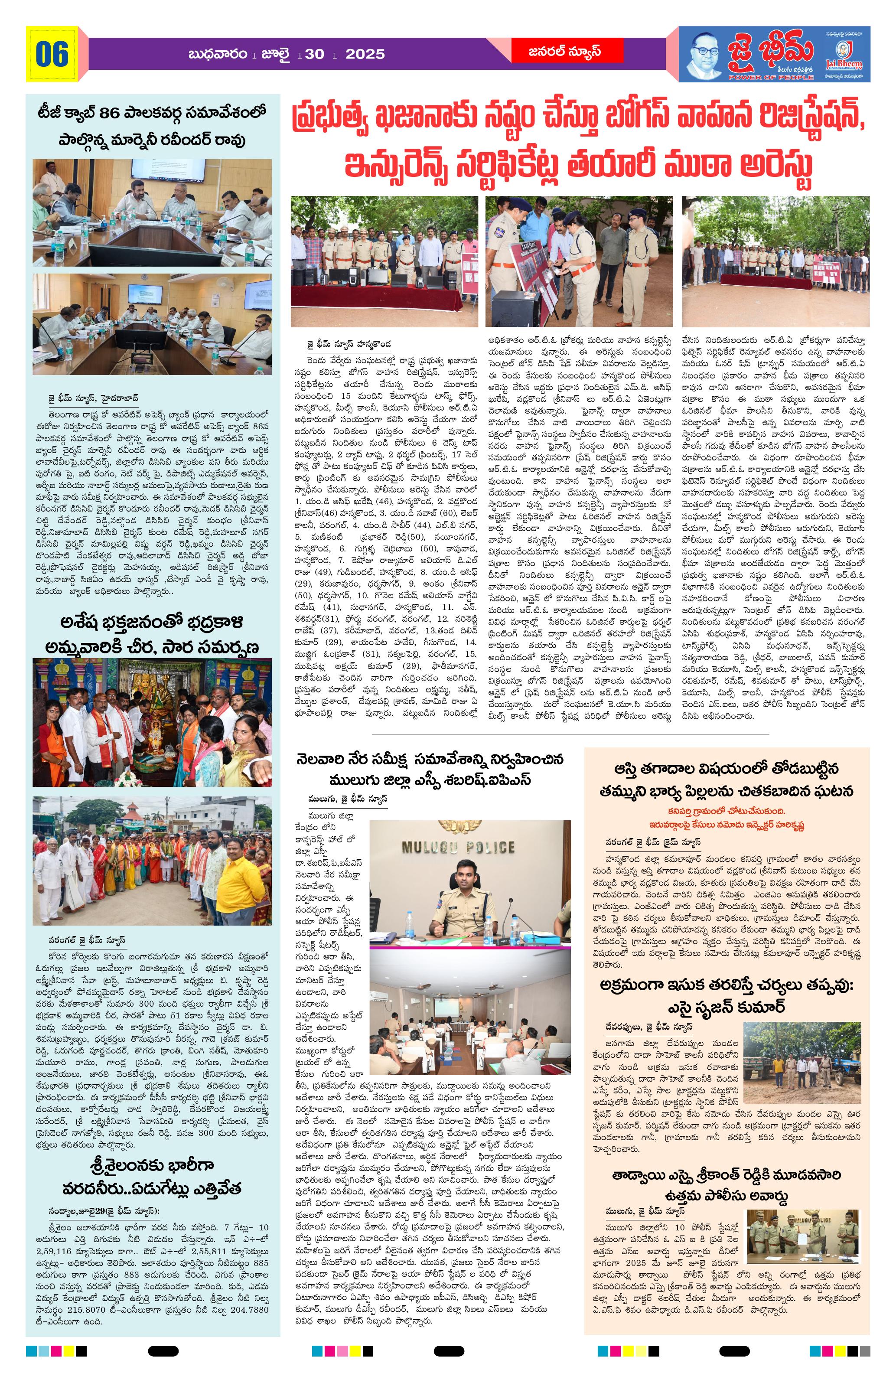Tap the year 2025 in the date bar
tap(365, 55)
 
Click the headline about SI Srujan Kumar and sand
tap(727, 995)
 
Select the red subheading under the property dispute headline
tap(727, 818)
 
